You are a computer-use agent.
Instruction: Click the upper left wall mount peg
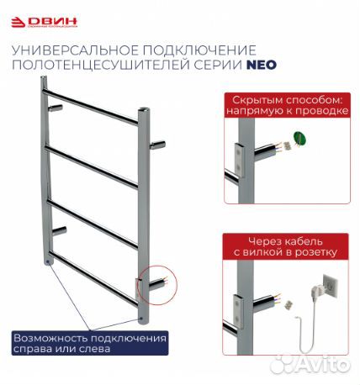point(56,108)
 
